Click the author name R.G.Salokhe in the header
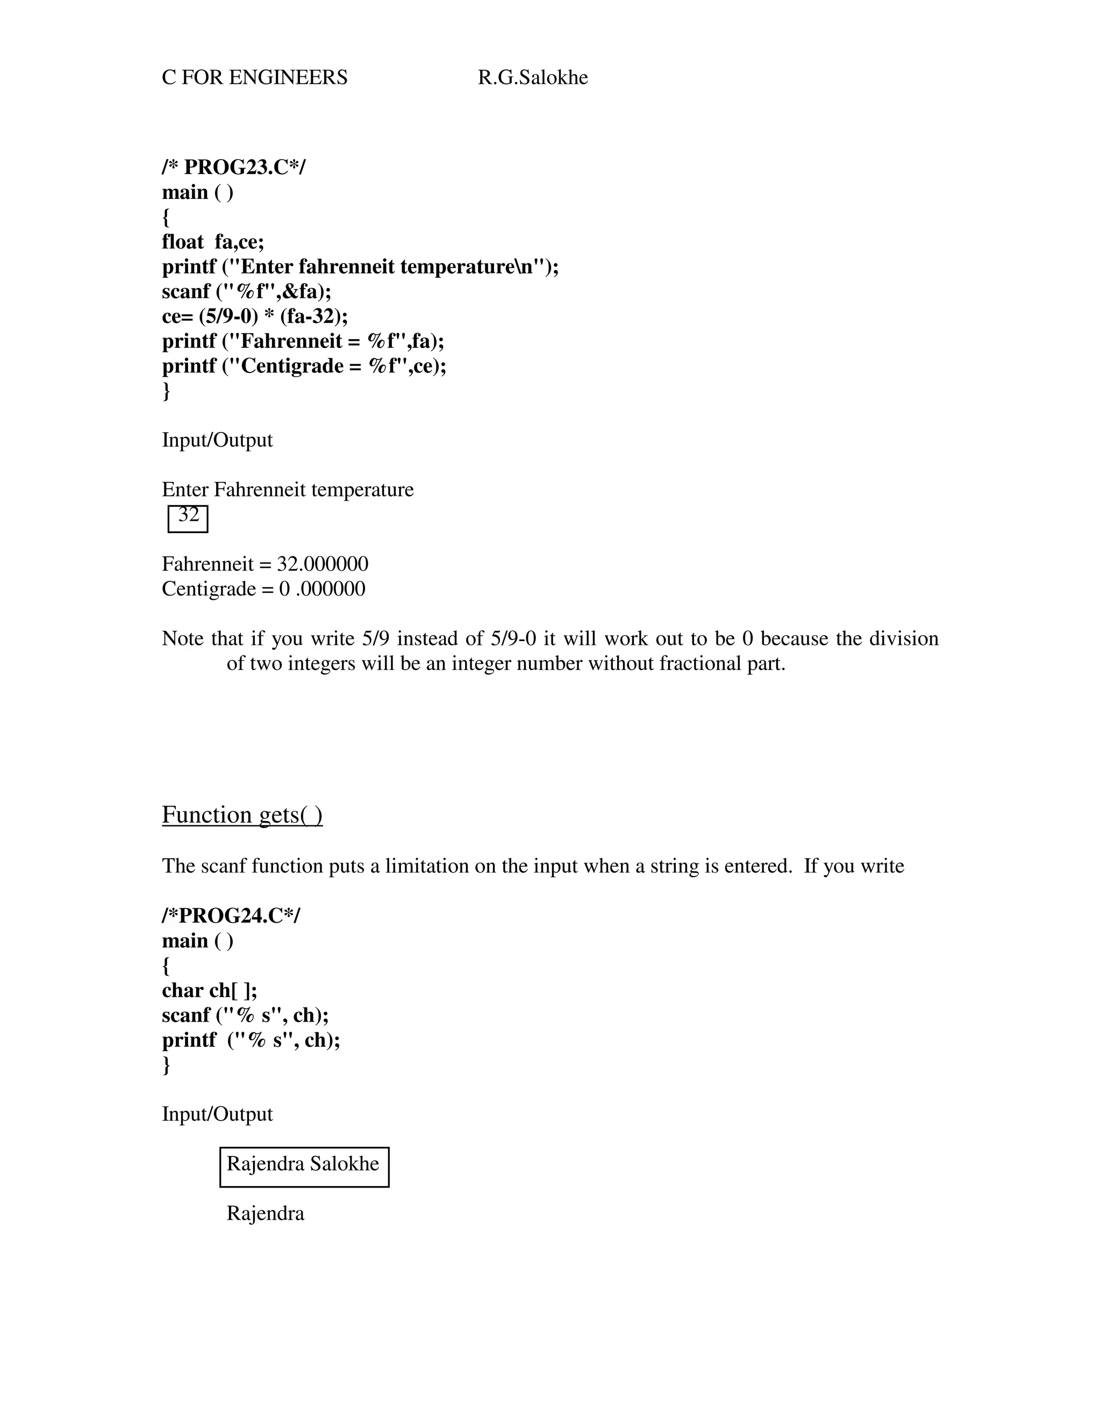coord(532,77)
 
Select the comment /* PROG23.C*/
coord(233,167)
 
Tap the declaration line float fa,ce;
coord(213,242)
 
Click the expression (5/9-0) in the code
coord(228,316)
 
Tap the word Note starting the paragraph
coord(182,638)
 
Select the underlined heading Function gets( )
coord(242,815)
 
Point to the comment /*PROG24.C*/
coord(231,916)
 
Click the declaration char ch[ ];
coord(209,990)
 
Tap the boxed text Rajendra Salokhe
coord(303,1163)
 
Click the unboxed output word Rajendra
coord(265,1213)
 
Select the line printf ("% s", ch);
coord(251,1040)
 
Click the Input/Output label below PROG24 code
coord(217,1114)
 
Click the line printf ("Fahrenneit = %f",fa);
coord(303,341)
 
